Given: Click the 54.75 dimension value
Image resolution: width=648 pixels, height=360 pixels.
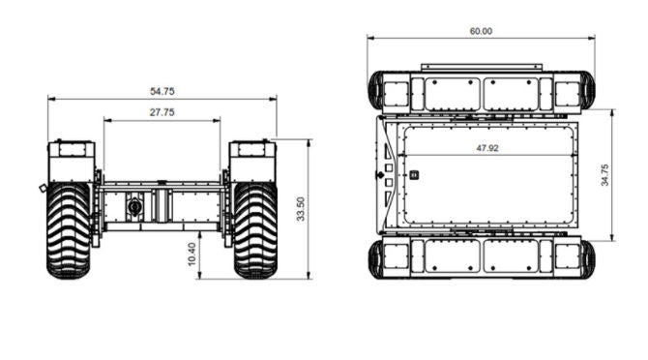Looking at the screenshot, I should pyautogui.click(x=162, y=91).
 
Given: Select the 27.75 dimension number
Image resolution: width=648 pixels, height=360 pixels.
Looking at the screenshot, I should pyautogui.click(x=162, y=113).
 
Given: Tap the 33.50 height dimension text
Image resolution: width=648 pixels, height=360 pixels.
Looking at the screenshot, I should pyautogui.click(x=301, y=209).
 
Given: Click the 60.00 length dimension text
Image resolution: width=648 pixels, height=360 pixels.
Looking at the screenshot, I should pyautogui.click(x=481, y=31).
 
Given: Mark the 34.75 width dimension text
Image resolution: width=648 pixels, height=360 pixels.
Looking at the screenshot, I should pyautogui.click(x=604, y=175).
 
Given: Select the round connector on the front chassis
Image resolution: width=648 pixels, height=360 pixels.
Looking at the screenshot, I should pyautogui.click(x=135, y=206).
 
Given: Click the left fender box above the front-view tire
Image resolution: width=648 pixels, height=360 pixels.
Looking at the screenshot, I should pyautogui.click(x=72, y=161).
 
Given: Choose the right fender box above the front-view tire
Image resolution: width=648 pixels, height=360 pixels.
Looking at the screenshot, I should pyautogui.click(x=252, y=161).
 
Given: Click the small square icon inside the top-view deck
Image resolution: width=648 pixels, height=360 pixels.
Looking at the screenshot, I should pyautogui.click(x=414, y=175).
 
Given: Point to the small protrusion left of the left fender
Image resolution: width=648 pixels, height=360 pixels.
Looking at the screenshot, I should pyautogui.click(x=43, y=187).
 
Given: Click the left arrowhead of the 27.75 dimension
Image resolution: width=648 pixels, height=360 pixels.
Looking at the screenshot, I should pyautogui.click(x=106, y=121).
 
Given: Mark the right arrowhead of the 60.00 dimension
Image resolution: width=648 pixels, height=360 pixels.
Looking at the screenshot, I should pyautogui.click(x=591, y=39).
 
